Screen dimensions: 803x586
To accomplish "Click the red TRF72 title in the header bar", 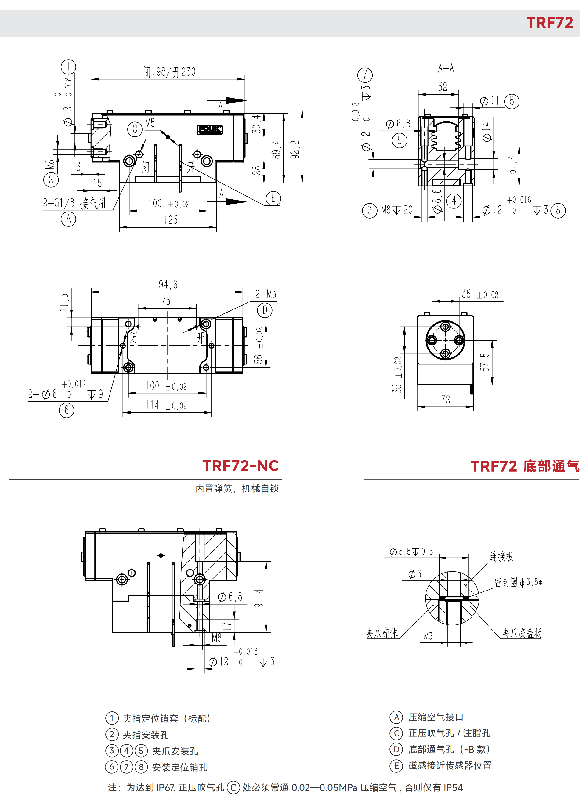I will click(x=549, y=23).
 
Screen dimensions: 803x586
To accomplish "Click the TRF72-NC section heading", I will click(x=240, y=466).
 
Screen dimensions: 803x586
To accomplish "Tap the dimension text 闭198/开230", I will click(x=169, y=72).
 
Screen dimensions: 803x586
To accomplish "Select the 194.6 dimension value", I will click(x=166, y=284).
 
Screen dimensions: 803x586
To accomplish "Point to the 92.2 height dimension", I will click(x=295, y=149).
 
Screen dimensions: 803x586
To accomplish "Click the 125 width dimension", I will click(x=171, y=220).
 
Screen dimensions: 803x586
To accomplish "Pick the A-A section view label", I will click(x=446, y=68).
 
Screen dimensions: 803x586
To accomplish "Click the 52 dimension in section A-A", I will click(x=442, y=87).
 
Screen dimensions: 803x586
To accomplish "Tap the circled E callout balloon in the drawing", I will click(x=273, y=198).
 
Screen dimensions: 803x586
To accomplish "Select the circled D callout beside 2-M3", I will click(x=265, y=310).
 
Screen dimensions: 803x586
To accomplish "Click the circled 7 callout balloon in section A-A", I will click(x=365, y=75).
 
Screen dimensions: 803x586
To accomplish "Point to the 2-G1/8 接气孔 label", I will click(x=75, y=203).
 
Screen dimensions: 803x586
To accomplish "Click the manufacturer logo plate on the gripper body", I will click(x=210, y=130).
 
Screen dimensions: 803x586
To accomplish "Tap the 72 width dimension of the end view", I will click(x=446, y=400).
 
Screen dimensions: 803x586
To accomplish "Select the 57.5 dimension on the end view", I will click(x=485, y=362).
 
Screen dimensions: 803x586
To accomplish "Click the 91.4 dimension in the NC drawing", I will click(x=259, y=598).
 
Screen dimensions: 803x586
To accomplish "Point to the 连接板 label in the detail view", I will click(x=501, y=556).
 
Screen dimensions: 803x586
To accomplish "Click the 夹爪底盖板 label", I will click(x=521, y=633).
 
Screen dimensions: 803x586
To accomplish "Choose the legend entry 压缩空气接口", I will click(x=436, y=717).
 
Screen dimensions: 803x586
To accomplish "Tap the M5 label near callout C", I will click(x=150, y=123).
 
